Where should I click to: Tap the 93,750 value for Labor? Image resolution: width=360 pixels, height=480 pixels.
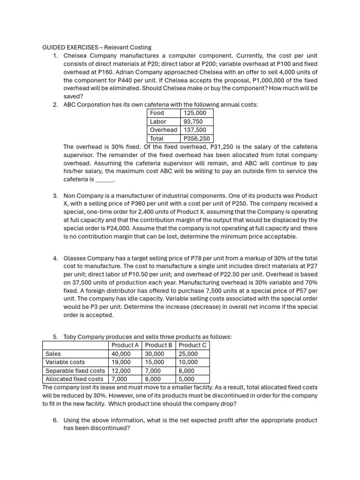coord(192,121)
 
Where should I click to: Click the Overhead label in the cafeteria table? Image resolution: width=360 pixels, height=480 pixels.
coord(163,130)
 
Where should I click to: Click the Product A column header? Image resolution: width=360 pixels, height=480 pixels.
coord(125,345)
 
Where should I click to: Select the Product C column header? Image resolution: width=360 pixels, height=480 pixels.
coord(193,345)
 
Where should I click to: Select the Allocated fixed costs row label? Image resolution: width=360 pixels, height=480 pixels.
coord(74,379)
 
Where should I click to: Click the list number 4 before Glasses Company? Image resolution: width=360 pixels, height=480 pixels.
coord(55,258)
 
